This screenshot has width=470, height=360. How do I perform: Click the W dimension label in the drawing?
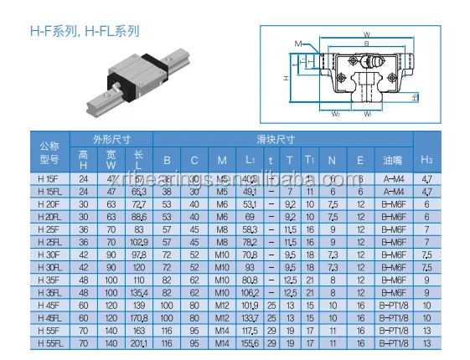pos(366,34)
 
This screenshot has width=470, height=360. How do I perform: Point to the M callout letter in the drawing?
pos(297,43)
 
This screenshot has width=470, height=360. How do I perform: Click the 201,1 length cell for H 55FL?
pos(139,343)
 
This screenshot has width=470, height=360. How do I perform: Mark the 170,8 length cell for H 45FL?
pos(139,318)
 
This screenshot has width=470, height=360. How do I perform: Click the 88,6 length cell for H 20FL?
pos(139,217)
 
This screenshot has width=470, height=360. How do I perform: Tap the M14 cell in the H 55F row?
pos(221,331)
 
